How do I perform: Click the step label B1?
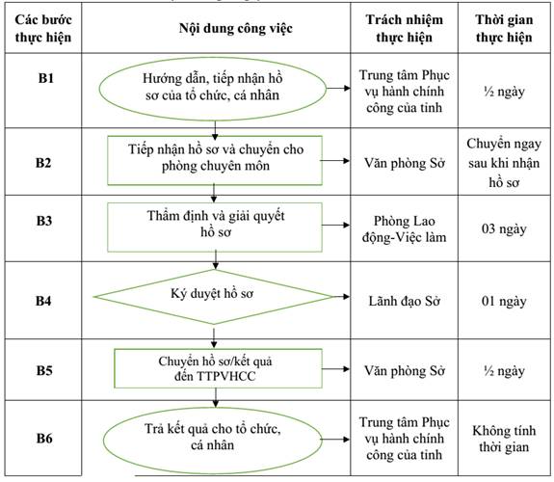46,78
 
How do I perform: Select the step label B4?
43,301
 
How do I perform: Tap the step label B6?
44,439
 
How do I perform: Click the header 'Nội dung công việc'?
236,28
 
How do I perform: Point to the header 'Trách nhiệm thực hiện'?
405,28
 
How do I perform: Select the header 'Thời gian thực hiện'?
504,28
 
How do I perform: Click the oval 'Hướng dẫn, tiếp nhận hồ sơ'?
212,89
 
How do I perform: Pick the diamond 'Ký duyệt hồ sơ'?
213,297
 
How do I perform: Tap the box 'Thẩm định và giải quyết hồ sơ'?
215,228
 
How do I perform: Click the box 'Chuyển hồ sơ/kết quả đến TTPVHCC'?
218,368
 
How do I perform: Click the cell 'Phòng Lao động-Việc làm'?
405,229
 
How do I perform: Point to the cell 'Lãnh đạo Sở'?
405,302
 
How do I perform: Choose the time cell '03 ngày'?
504,228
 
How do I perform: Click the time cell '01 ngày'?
504,302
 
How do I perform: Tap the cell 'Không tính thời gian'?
504,439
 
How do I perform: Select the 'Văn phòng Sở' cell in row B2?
405,163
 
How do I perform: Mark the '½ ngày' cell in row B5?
504,371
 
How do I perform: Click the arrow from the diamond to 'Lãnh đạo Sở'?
341,297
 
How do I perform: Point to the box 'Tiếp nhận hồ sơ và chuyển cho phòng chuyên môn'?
215,160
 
